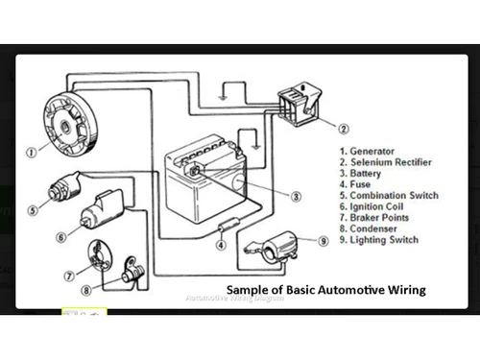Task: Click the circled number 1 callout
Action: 33,151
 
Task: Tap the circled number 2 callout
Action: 344,126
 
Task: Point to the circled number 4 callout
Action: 221,245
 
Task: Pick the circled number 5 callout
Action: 33,210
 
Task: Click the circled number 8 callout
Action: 85,289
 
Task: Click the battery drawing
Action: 204,182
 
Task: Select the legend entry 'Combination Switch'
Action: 389,196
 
